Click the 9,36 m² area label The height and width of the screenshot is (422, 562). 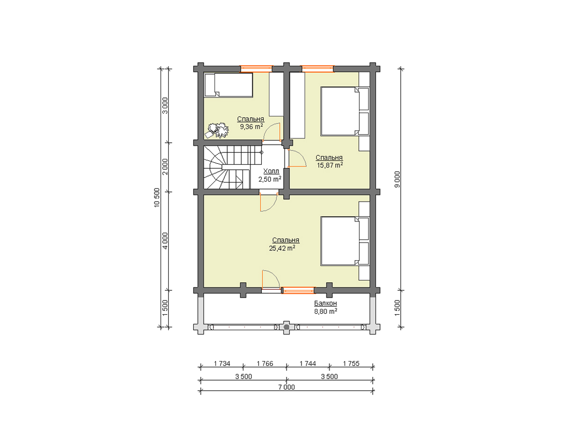[251, 127]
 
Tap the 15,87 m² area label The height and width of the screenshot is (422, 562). [330, 165]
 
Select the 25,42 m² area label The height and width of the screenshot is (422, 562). [282, 248]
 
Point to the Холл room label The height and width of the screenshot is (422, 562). [271, 171]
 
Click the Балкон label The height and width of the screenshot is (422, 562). [325, 303]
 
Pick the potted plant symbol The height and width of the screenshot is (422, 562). [217, 130]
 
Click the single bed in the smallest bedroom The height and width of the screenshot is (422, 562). [229, 85]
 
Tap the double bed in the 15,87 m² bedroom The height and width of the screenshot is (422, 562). [345, 111]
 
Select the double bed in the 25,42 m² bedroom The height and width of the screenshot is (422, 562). [345, 241]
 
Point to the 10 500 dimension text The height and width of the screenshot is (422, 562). [157, 197]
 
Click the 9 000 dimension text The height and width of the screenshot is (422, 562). [397, 180]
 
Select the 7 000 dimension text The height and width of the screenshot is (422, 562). [287, 387]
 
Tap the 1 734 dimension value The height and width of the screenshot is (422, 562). [222, 363]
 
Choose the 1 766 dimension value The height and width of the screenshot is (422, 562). [265, 363]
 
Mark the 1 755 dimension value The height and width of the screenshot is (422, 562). [351, 363]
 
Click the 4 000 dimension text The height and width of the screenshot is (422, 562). [165, 241]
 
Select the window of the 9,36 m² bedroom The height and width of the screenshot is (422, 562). [256, 68]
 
